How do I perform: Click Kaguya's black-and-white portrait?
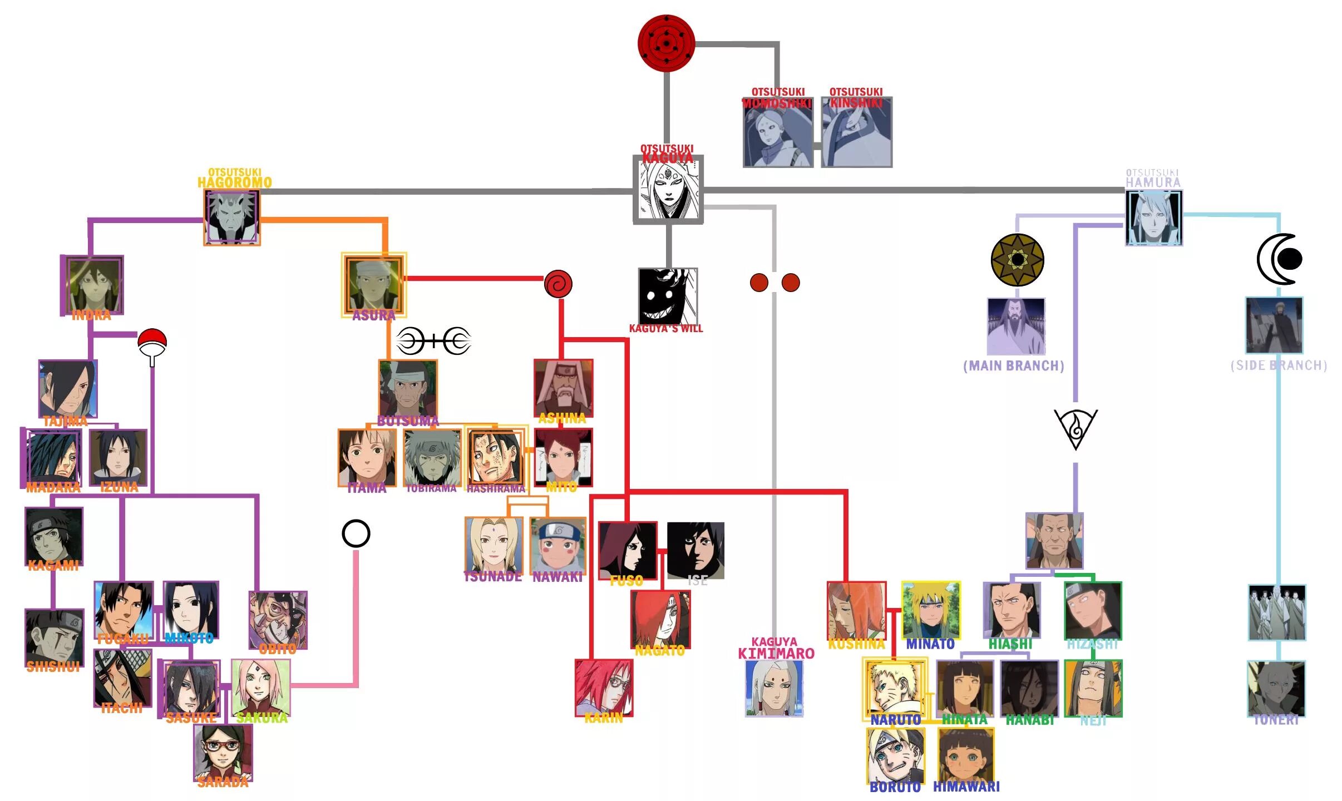coord(668,189)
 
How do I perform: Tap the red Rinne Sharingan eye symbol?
coord(666,43)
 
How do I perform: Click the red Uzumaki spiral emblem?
coord(558,284)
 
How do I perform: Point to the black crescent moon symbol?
coord(1279,259)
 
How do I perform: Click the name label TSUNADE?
coord(493,577)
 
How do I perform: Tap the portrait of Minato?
coord(931,610)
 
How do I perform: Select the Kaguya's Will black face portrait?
coord(667,296)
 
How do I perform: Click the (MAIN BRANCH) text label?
coord(1014,366)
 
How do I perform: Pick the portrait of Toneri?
coord(1276,688)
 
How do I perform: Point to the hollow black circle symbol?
coord(356,534)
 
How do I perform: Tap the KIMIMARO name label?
coord(776,654)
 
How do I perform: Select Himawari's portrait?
coord(966,755)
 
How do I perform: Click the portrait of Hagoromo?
coord(232,217)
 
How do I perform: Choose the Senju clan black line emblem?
coord(434,341)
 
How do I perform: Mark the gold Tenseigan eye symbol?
coord(1017,260)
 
